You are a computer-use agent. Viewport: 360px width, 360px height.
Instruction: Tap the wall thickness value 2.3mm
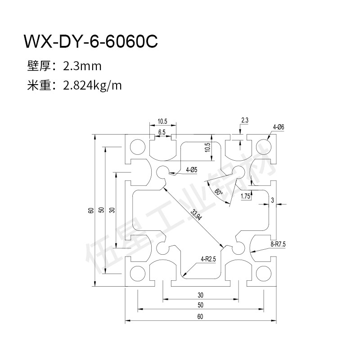82,67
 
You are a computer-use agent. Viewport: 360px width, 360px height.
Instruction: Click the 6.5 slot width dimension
162,132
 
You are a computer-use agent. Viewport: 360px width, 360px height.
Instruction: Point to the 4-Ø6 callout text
278,127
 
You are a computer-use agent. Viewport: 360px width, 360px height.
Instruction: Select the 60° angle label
219,192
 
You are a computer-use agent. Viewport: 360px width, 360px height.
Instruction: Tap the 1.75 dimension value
246,196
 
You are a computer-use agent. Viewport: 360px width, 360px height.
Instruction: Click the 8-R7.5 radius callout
278,244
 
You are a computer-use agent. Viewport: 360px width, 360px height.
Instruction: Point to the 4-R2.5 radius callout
209,259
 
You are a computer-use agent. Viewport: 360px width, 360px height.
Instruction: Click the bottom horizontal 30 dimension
200,295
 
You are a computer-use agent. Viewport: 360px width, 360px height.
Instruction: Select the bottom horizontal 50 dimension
200,306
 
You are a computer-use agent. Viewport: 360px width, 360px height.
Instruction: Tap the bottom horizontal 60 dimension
200,316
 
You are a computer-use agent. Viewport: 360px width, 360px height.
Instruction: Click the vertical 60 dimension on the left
91,210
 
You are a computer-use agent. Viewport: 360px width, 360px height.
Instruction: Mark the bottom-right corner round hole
262,273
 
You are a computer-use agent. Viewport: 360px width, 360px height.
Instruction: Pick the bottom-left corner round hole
137,273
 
